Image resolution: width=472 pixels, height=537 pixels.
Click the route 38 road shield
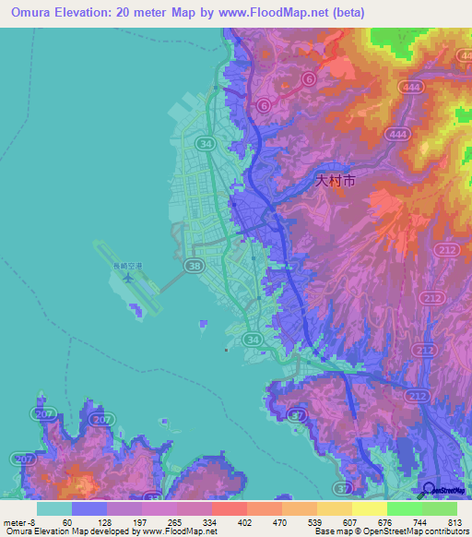tap(195, 267)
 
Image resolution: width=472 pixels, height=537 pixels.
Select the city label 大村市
tap(335, 182)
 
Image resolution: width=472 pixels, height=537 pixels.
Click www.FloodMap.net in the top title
tap(277, 13)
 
